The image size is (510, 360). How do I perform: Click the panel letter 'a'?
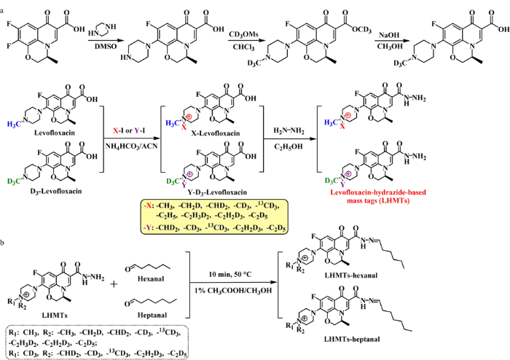[x=4, y=5]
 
